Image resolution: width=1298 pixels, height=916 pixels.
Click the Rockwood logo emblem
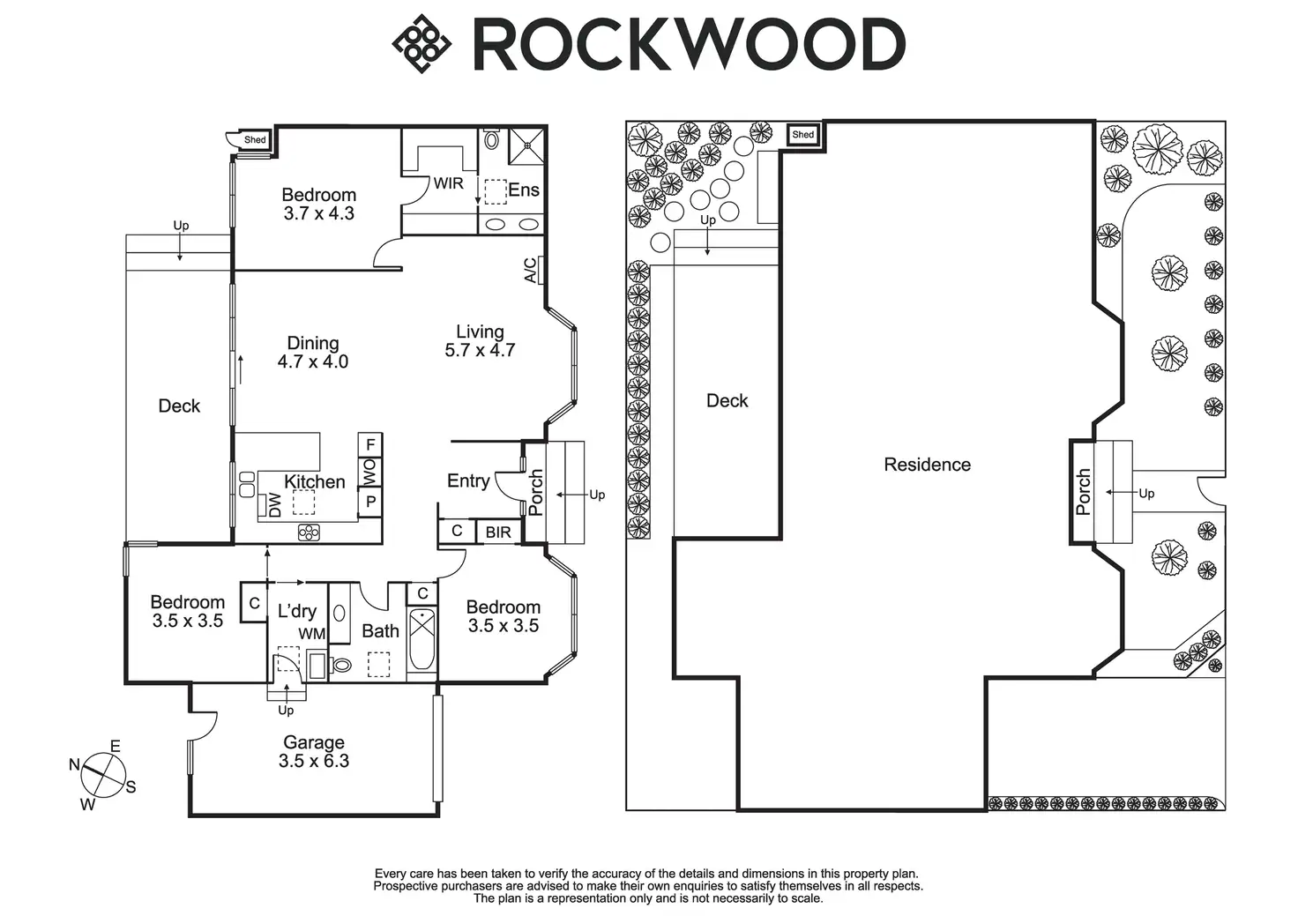click(421, 44)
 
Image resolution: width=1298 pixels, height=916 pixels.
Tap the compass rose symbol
click(102, 775)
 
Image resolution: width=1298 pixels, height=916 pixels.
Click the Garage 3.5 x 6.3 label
click(314, 751)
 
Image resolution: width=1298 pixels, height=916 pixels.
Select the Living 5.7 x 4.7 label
click(480, 340)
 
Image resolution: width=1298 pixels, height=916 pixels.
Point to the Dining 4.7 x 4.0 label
click(313, 353)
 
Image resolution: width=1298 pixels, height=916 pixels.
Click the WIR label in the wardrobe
click(449, 183)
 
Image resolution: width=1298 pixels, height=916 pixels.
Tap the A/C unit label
click(530, 271)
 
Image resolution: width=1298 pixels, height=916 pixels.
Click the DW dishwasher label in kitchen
click(275, 505)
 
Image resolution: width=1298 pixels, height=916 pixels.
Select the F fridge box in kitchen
click(370, 444)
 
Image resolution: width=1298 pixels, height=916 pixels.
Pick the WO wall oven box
click(370, 473)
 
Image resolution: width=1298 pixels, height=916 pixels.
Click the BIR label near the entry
click(498, 532)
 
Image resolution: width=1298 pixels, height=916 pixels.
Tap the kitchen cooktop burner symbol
click(309, 532)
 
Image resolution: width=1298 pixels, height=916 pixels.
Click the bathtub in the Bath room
click(421, 638)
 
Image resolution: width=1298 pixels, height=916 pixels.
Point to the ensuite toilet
click(491, 139)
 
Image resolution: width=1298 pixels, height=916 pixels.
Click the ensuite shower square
click(526, 146)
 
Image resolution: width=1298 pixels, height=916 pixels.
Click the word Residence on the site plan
click(927, 464)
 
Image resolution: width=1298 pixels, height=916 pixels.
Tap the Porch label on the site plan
click(1083, 492)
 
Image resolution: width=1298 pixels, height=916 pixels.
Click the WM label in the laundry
click(312, 634)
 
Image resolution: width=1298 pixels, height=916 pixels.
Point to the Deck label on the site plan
click(727, 400)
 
